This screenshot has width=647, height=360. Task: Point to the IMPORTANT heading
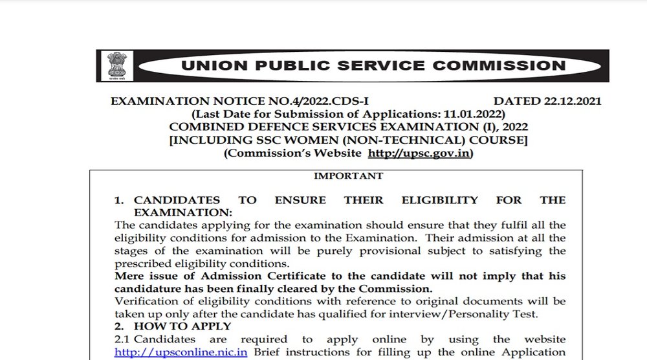348,175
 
